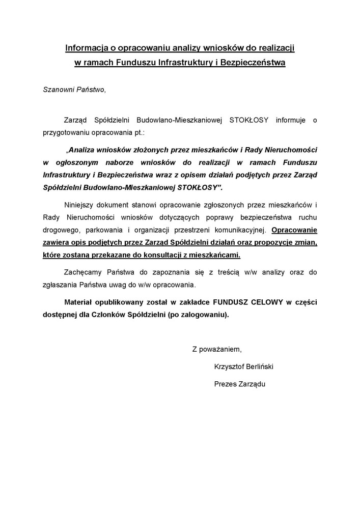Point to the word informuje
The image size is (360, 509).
(x=292, y=120)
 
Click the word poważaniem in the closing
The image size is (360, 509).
(x=220, y=349)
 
